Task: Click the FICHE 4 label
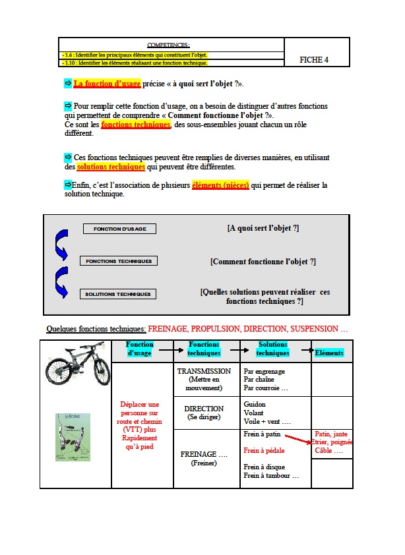point(314,60)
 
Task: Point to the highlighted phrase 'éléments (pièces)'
point(220,185)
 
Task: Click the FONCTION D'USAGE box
point(119,229)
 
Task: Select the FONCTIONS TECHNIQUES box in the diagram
point(119,261)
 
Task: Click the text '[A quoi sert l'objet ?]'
point(263,228)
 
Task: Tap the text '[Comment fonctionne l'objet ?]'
point(263,262)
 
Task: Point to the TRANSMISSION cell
point(204,379)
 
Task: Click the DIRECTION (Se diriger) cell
point(204,413)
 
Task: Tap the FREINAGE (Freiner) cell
point(204,457)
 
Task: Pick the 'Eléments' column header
point(329,353)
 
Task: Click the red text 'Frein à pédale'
point(265,451)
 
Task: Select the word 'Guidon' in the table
point(254,404)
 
